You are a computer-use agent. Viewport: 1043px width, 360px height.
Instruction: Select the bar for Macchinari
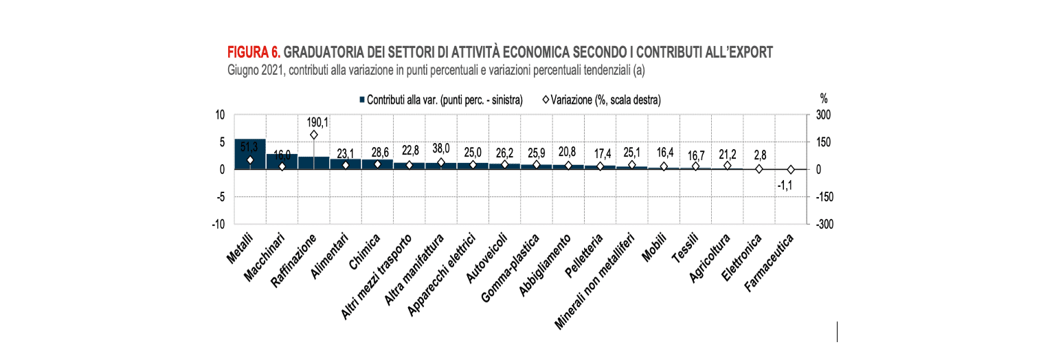point(282,162)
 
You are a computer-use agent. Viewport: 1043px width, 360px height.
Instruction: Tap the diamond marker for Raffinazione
point(313,135)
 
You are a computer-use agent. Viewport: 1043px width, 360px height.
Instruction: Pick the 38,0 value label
point(440,148)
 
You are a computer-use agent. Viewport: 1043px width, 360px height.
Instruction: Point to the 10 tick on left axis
point(221,115)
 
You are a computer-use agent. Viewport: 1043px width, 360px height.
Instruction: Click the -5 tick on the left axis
point(221,197)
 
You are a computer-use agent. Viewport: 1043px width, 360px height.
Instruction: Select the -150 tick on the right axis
point(825,197)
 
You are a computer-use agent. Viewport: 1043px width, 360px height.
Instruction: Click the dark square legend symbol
point(361,100)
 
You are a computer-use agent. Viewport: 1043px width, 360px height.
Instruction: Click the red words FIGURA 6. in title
point(253,52)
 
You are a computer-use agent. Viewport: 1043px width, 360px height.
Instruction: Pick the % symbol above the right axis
point(823,99)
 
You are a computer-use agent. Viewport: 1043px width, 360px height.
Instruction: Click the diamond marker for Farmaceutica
point(790,169)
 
